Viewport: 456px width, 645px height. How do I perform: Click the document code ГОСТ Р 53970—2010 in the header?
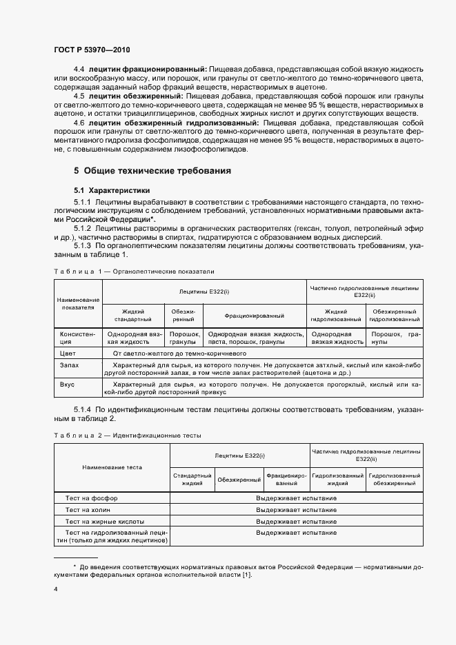pos(91,50)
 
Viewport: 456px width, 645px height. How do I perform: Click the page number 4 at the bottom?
pos(56,589)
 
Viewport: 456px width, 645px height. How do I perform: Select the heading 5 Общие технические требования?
pos(152,170)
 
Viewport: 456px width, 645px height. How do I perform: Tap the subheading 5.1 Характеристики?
pos(112,190)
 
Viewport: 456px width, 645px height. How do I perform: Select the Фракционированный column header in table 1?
pos(255,316)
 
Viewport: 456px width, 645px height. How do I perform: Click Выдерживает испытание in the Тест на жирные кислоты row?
pos(296,521)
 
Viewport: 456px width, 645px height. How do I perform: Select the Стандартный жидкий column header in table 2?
pos(192,480)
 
